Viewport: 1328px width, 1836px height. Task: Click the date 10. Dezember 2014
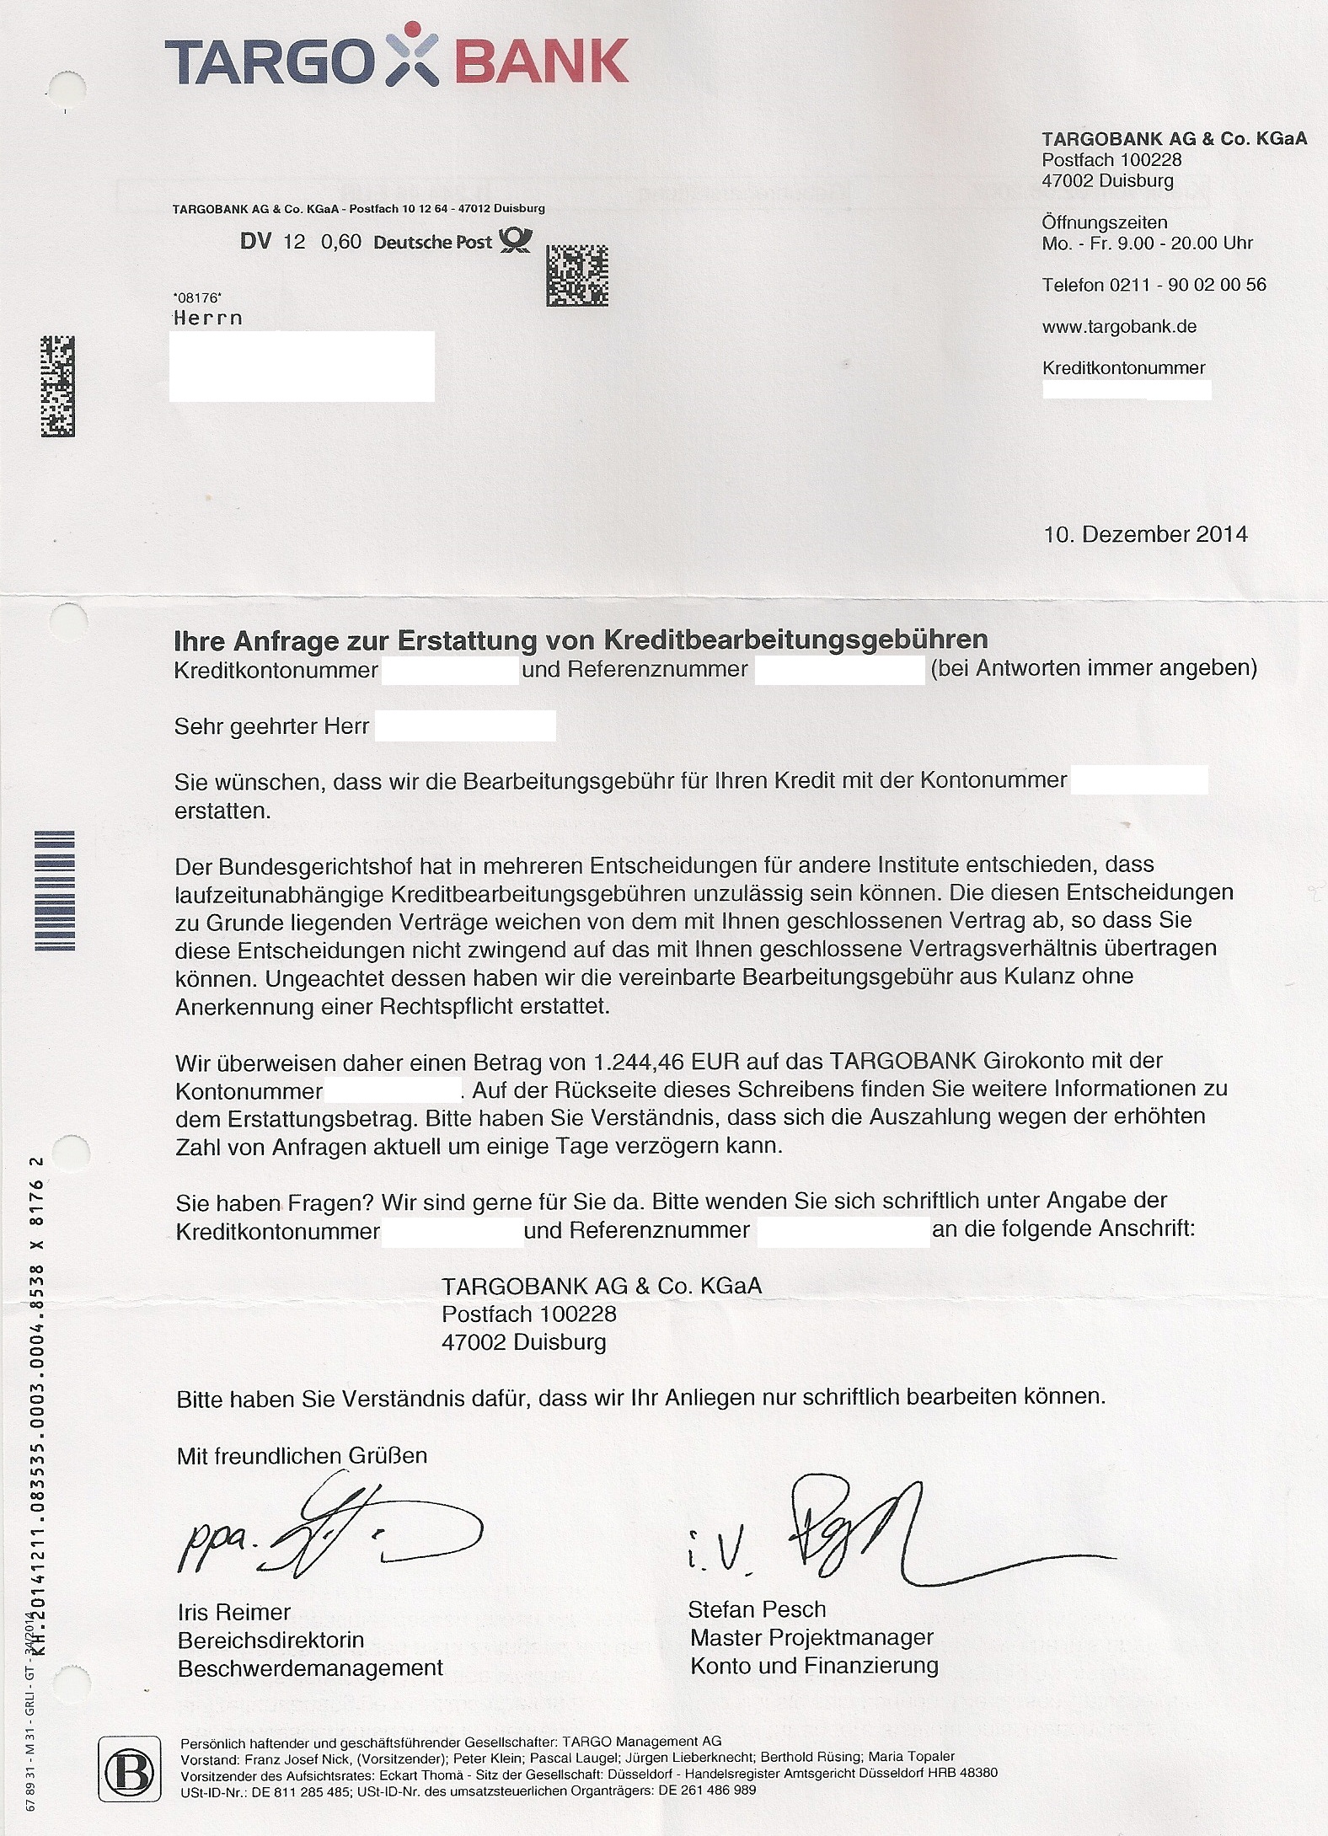point(1145,534)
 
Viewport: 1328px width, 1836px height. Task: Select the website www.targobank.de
point(1119,326)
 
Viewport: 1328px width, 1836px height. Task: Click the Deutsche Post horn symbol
point(516,241)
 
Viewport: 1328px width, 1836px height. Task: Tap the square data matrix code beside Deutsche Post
point(577,276)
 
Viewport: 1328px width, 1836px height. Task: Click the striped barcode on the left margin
point(55,890)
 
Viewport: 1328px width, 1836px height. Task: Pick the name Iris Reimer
point(233,1612)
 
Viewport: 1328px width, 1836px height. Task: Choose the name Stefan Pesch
point(757,1609)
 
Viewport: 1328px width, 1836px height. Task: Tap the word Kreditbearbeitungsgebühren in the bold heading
point(795,640)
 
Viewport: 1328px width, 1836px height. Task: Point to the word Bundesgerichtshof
point(311,865)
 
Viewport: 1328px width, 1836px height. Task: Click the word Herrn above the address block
point(207,318)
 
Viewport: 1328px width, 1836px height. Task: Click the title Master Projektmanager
point(811,1637)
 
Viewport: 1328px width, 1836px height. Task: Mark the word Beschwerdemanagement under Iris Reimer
point(310,1667)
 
